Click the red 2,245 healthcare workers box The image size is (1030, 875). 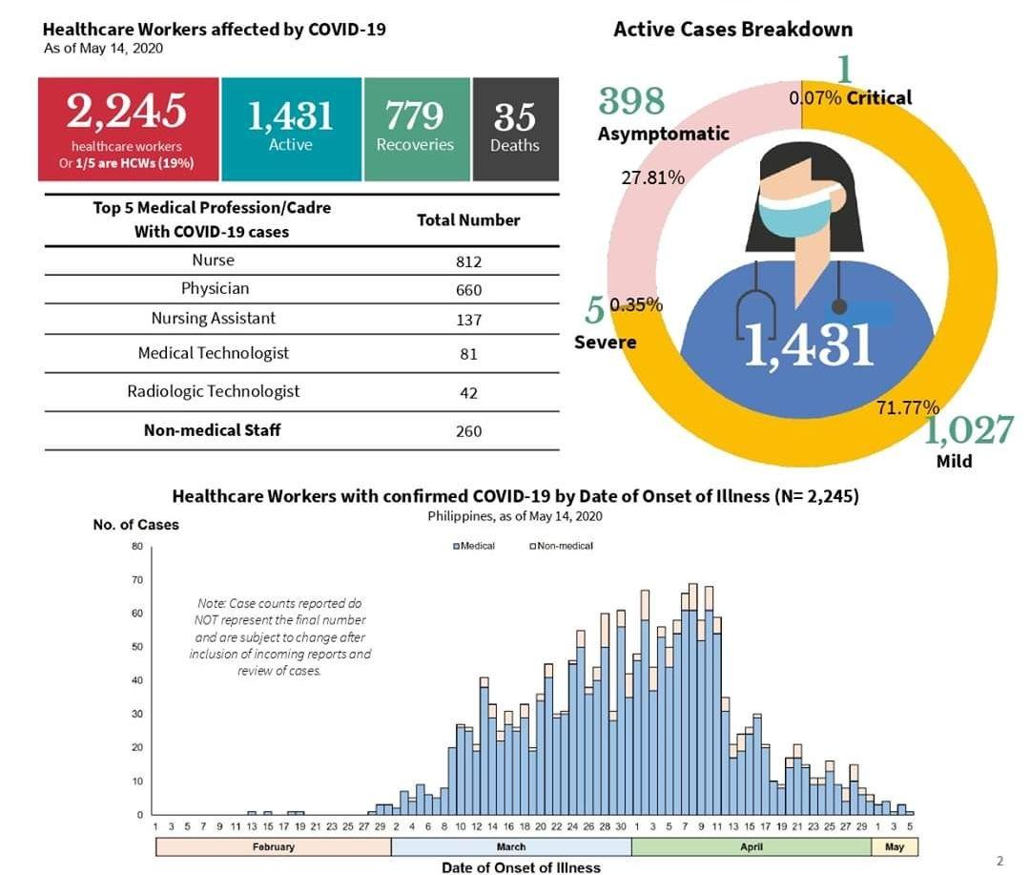point(127,129)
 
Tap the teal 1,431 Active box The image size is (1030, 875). point(291,129)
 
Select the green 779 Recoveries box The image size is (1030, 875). point(416,129)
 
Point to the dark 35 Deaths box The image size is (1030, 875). point(515,129)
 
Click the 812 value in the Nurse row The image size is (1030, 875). point(468,261)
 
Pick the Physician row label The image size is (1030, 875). point(215,288)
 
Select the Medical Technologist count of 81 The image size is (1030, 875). point(468,354)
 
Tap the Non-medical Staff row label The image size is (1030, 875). point(212,430)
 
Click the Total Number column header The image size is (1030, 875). point(468,220)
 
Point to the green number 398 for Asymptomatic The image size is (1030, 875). point(631,100)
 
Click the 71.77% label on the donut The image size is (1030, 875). point(908,407)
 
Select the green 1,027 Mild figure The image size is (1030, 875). point(968,431)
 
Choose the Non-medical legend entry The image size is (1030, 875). point(562,546)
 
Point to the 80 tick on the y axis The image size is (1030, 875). point(137,547)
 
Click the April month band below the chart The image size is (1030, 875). point(751,847)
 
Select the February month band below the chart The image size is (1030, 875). point(273,847)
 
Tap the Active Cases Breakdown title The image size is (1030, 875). point(732,29)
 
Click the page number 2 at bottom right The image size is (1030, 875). point(999,861)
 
